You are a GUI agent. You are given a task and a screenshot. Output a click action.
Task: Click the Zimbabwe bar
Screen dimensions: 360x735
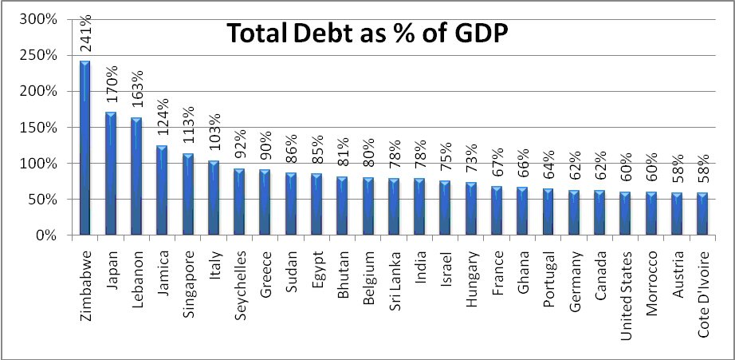[x=85, y=148]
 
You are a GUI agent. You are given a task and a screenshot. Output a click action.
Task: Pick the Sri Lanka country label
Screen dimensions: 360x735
[x=394, y=280]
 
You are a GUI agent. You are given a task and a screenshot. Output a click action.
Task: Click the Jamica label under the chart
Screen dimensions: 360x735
[x=162, y=275]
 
